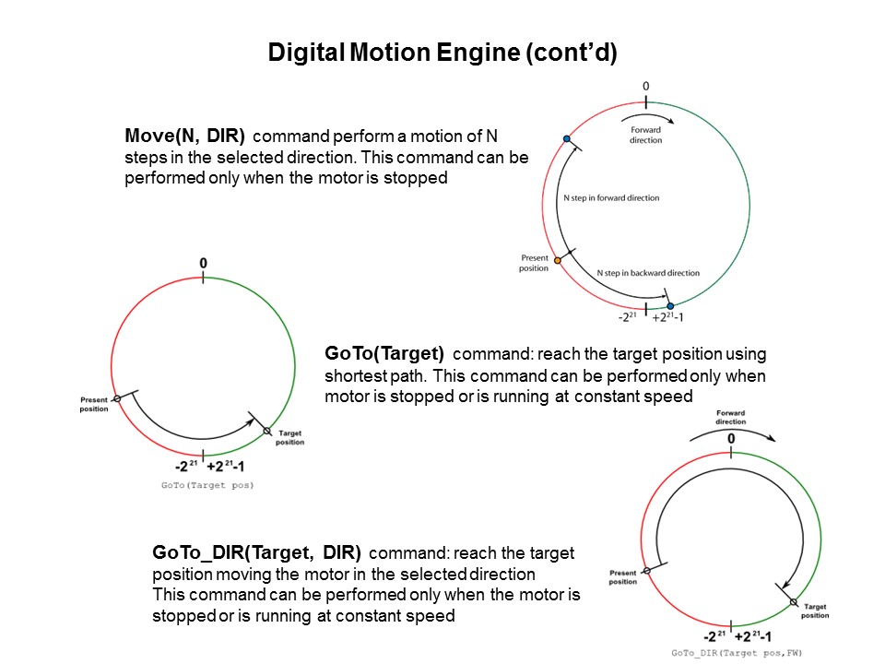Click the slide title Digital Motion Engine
pyautogui.click(x=442, y=53)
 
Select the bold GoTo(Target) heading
pyautogui.click(x=384, y=353)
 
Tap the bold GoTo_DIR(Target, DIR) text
pyautogui.click(x=257, y=553)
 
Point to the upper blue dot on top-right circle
pyautogui.click(x=567, y=139)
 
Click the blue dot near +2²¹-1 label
pyautogui.click(x=670, y=305)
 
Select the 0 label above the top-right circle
pyautogui.click(x=645, y=87)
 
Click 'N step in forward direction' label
pyautogui.click(x=611, y=198)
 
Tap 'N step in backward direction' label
pyautogui.click(x=648, y=273)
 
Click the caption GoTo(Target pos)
pyautogui.click(x=207, y=484)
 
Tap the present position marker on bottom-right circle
pyautogui.click(x=646, y=572)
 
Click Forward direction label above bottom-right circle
pyautogui.click(x=731, y=418)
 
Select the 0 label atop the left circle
pyautogui.click(x=203, y=264)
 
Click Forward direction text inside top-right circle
pyautogui.click(x=645, y=136)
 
